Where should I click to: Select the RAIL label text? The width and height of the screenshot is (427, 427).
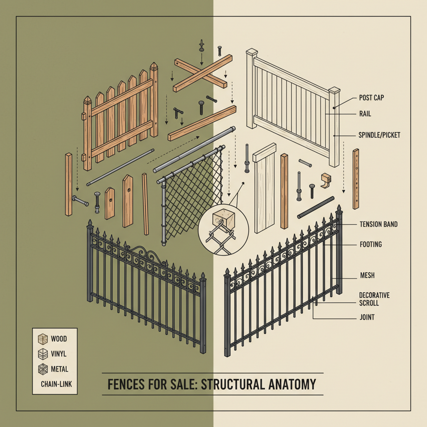point(365,113)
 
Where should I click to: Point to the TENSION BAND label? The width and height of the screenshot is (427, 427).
point(378,224)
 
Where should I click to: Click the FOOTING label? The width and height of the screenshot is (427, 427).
point(370,244)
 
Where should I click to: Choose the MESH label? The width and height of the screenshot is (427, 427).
point(367,276)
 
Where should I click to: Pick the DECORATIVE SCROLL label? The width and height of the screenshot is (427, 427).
point(374,299)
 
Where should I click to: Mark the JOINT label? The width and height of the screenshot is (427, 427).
point(367,317)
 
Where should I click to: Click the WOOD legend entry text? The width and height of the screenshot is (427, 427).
point(59,339)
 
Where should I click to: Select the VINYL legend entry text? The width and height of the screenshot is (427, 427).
point(59,354)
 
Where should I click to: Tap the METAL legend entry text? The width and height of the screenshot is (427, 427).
point(59,369)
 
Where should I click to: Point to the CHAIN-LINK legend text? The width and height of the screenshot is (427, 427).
point(56,384)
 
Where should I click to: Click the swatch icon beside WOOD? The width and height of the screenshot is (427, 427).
point(42,339)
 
